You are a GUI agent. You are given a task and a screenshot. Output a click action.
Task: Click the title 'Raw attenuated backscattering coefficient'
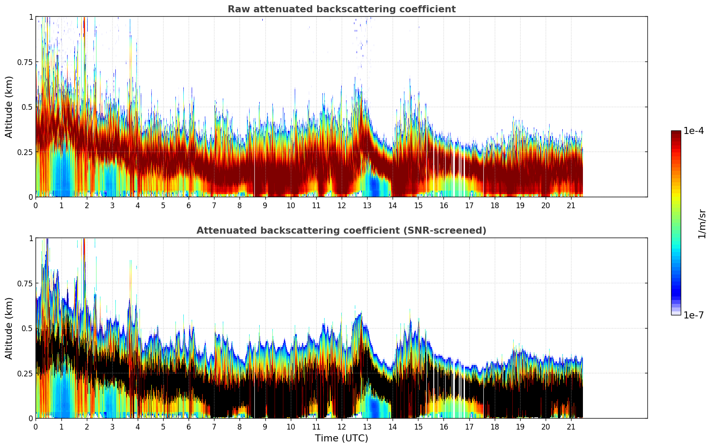pos(341,9)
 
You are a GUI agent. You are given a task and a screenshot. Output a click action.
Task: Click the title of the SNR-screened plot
pos(341,231)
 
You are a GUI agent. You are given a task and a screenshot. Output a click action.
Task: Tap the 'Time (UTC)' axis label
pos(341,438)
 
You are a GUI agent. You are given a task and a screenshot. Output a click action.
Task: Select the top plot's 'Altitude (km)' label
pos(9,107)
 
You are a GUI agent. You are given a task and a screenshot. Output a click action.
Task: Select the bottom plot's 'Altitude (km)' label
pos(9,328)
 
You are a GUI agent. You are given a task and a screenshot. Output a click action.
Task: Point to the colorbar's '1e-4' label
pos(693,131)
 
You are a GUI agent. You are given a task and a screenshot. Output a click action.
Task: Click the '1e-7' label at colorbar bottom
pos(693,315)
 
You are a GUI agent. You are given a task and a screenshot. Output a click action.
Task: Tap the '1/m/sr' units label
pos(702,224)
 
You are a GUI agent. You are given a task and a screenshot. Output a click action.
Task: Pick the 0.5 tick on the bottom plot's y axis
pos(27,328)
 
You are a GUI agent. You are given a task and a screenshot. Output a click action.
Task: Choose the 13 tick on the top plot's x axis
pos(367,205)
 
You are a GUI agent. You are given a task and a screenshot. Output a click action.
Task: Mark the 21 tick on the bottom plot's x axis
pos(571,426)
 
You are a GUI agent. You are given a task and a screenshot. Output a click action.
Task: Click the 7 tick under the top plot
pos(214,205)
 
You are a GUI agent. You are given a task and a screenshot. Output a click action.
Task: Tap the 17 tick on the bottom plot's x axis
pos(469,426)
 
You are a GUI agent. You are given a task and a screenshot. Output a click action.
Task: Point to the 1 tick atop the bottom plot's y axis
pos(31,238)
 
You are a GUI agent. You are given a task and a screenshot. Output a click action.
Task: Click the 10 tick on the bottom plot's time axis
pos(290,426)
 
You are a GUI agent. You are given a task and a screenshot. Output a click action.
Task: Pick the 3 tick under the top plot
pos(112,205)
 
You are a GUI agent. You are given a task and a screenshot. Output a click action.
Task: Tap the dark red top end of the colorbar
pos(675,133)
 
